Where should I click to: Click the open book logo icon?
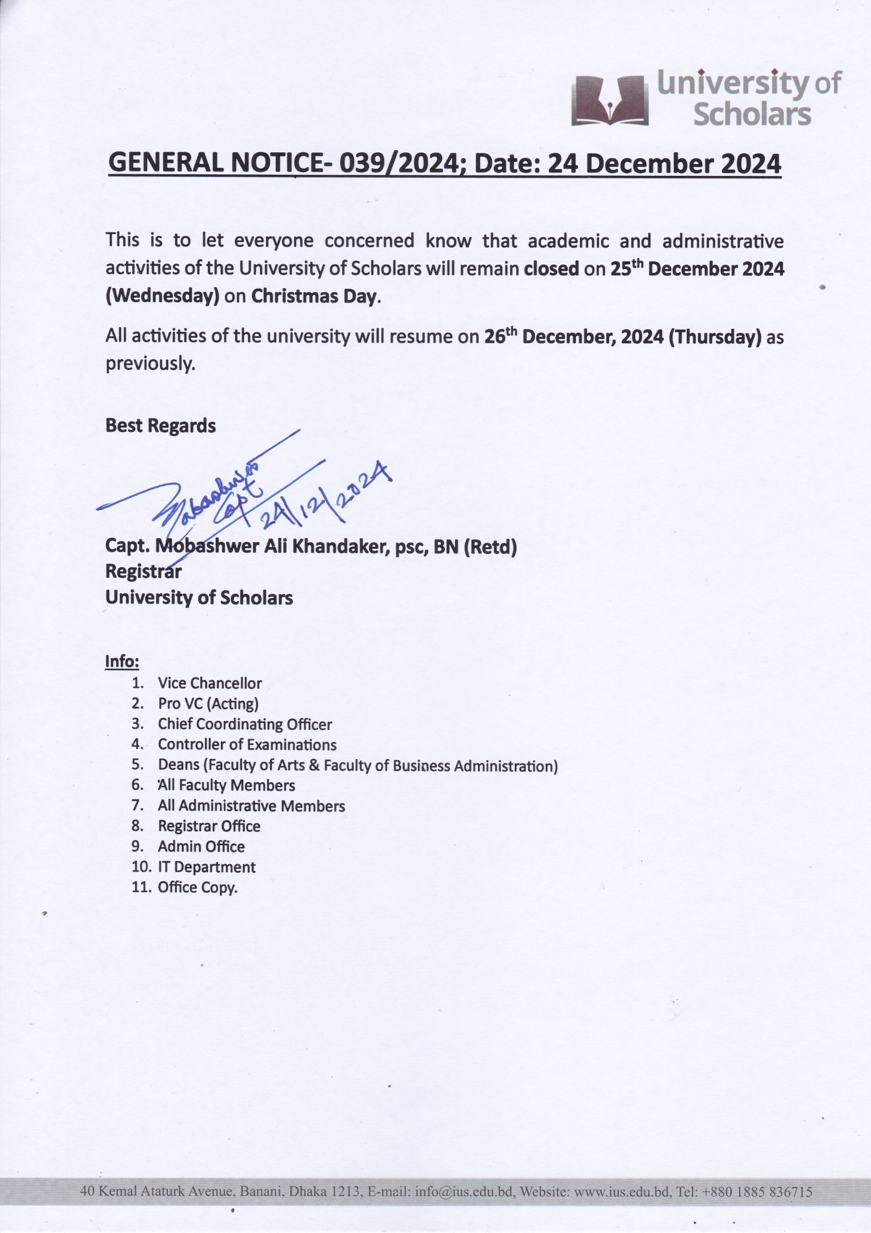click(609, 101)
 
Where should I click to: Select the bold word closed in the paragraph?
click(551, 268)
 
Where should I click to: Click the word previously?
click(149, 364)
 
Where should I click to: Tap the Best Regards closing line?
click(160, 425)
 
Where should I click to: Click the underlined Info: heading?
click(122, 661)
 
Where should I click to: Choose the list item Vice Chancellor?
click(210, 683)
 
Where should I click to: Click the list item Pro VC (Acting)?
click(208, 704)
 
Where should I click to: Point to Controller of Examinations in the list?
click(247, 744)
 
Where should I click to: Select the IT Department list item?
click(206, 867)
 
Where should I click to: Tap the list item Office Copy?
click(197, 887)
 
